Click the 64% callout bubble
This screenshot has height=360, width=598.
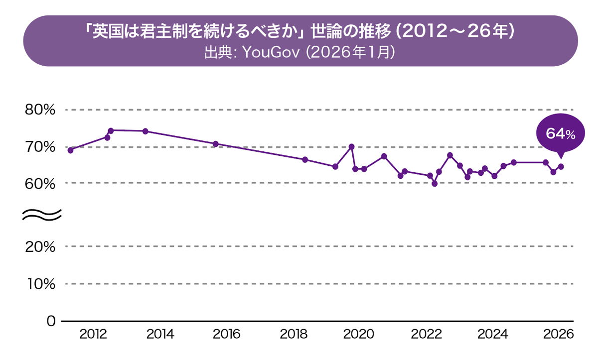click(x=560, y=133)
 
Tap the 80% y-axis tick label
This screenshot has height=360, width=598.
click(x=40, y=110)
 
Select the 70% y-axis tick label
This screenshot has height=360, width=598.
click(x=40, y=147)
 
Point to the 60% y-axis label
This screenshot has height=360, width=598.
click(x=40, y=183)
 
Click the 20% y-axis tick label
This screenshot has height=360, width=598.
click(x=40, y=246)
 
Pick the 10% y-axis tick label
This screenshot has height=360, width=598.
click(x=40, y=284)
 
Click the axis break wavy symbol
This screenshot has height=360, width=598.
click(x=42, y=214)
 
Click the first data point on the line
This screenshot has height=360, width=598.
click(x=70, y=150)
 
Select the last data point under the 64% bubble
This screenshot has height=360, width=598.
click(x=561, y=167)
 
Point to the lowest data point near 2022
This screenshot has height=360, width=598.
click(x=435, y=184)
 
